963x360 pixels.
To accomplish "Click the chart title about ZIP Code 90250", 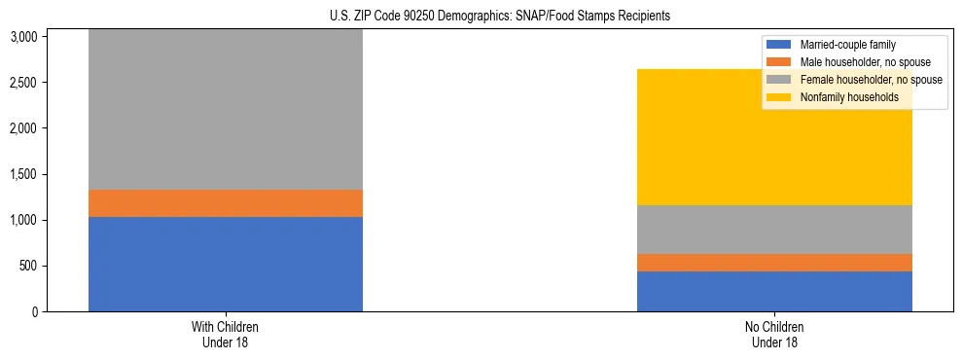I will pyautogui.click(x=481, y=17).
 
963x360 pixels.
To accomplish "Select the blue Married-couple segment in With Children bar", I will pyautogui.click(x=225, y=264).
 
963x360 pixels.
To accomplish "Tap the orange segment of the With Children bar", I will pyautogui.click(x=225, y=202).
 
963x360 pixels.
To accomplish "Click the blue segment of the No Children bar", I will pyautogui.click(x=774, y=291).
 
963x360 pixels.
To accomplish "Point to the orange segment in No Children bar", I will pyautogui.click(x=774, y=263).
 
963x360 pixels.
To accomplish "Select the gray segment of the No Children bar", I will pyautogui.click(x=774, y=230).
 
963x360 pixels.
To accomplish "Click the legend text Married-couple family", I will pyautogui.click(x=847, y=45).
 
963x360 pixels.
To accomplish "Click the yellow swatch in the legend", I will pyautogui.click(x=779, y=97).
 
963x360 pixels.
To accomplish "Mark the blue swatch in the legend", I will pyautogui.click(x=779, y=45).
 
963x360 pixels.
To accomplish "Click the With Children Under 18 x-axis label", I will pyautogui.click(x=225, y=335).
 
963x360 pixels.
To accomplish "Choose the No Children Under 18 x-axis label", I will pyautogui.click(x=774, y=335).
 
